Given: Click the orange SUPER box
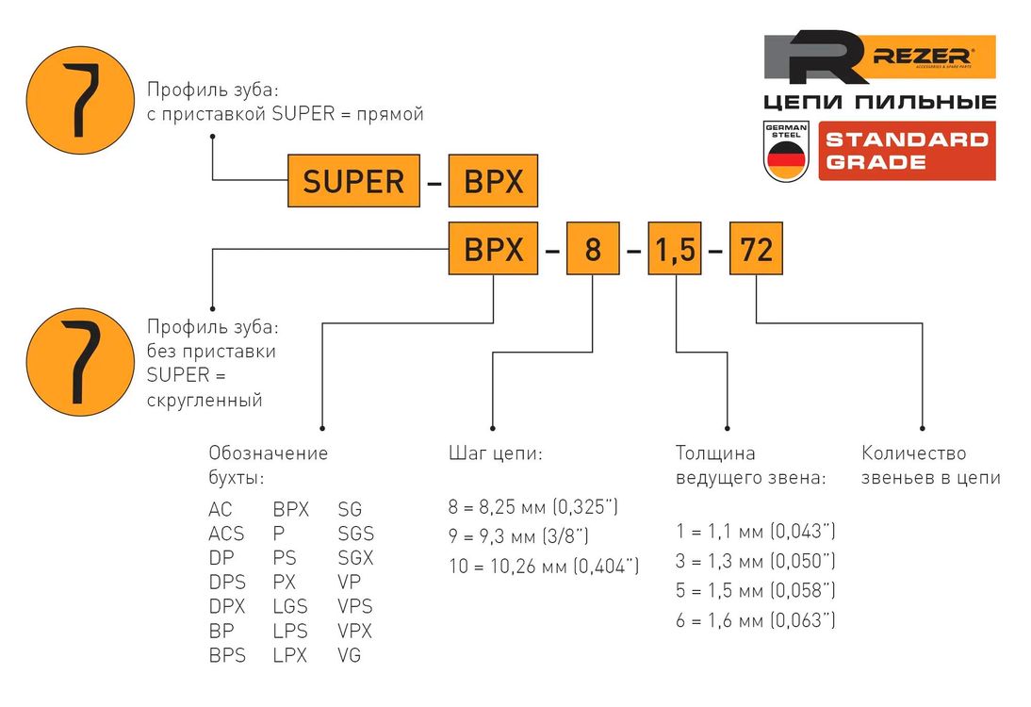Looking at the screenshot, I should tap(353, 181).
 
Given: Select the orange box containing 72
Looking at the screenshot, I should tap(757, 249).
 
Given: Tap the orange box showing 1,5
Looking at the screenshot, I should tap(675, 249).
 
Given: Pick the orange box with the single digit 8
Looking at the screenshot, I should tap(592, 249).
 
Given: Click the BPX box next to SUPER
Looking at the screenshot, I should tap(493, 181).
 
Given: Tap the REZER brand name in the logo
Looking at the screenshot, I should tap(923, 58).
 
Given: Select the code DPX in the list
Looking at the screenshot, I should tap(227, 606).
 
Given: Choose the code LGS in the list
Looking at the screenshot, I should tap(290, 606).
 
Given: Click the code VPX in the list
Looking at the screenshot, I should tap(355, 631).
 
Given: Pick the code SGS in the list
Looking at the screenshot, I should tap(355, 534).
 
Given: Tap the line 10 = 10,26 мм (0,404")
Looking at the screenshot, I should tap(545, 567).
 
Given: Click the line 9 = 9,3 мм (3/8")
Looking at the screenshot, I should tap(519, 537).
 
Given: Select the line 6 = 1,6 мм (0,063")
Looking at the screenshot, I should tap(756, 620).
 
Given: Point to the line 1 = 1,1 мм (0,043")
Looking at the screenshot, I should tap(756, 531).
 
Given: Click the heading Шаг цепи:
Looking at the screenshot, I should tap(495, 453).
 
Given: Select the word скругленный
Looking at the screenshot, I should tap(204, 401).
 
